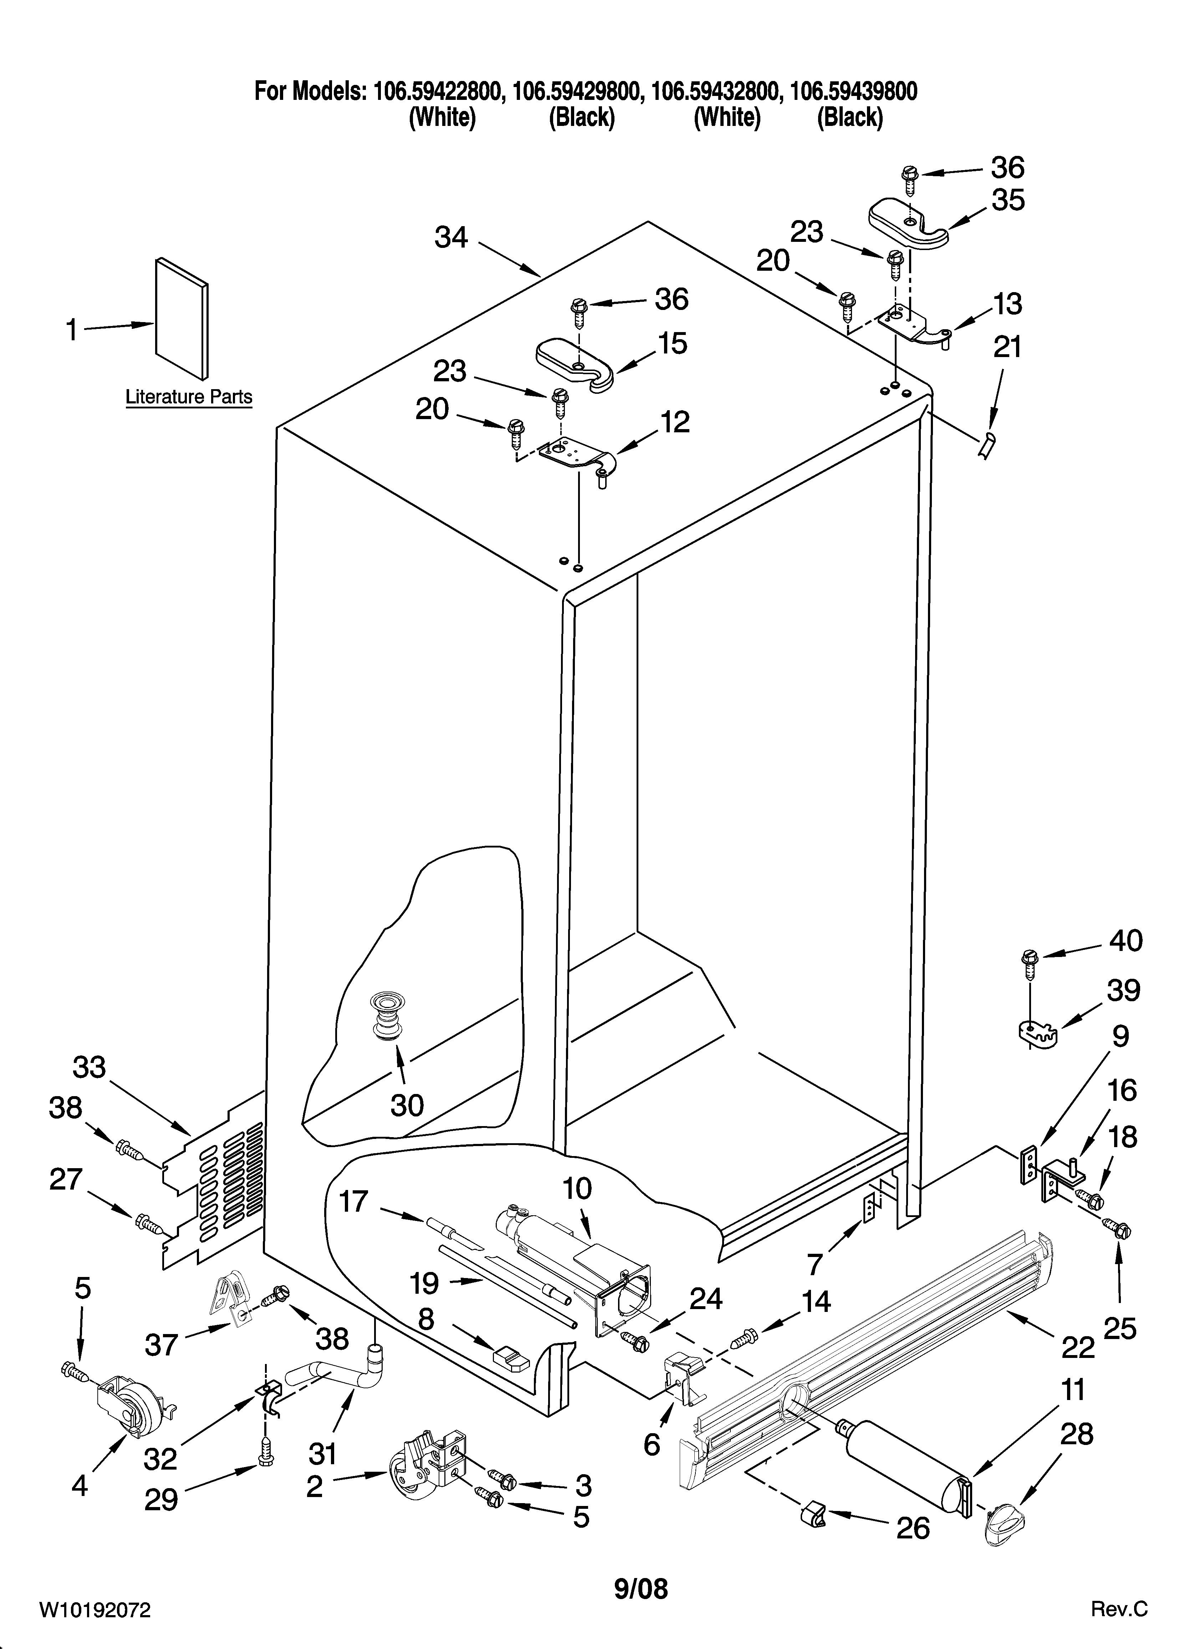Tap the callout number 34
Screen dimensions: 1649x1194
coord(451,238)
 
